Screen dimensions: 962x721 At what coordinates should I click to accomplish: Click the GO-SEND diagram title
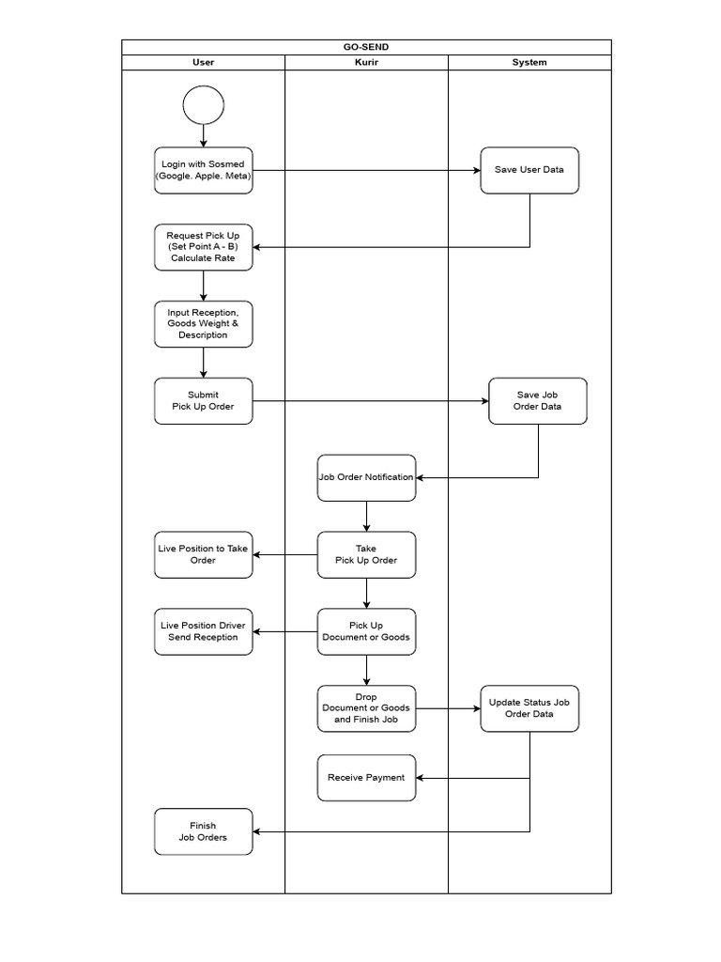(366, 47)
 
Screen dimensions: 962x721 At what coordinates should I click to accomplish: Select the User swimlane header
(203, 62)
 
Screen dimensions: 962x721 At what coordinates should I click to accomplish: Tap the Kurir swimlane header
(366, 62)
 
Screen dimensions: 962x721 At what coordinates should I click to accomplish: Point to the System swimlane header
(529, 62)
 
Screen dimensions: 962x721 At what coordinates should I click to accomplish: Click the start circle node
(204, 105)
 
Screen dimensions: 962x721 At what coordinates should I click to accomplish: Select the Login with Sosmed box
(204, 170)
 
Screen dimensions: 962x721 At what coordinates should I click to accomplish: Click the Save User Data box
(529, 170)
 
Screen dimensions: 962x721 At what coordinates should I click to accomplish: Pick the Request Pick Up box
(204, 247)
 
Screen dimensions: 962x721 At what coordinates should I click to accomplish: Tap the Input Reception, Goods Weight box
(204, 324)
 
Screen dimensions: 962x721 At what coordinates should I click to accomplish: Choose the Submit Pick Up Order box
(204, 401)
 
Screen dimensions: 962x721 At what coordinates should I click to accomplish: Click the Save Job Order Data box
(538, 401)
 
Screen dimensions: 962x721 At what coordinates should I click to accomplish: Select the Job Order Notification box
(366, 477)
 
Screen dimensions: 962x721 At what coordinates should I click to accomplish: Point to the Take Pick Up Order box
(366, 554)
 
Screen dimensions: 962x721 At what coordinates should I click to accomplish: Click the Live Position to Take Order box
(204, 554)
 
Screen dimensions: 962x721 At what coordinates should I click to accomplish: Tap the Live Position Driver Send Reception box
(204, 631)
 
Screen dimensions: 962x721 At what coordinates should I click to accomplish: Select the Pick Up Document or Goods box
(366, 631)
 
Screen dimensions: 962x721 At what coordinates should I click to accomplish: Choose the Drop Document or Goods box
(366, 708)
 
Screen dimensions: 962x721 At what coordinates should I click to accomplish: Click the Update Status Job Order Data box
(529, 708)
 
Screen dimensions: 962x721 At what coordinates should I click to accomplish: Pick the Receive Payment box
(366, 778)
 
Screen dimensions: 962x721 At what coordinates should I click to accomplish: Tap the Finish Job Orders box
(204, 831)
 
